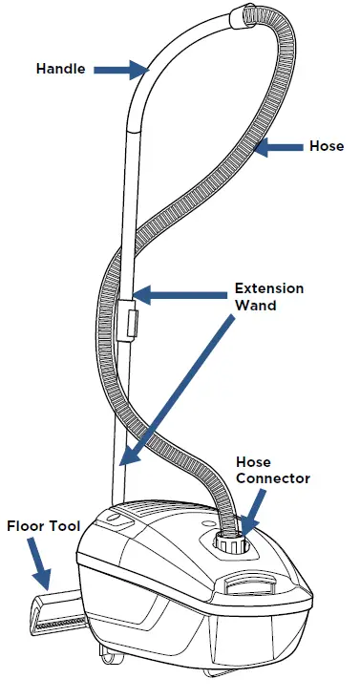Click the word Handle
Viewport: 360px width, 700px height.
click(x=62, y=69)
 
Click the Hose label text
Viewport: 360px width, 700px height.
click(x=326, y=146)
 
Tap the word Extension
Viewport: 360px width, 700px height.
click(x=270, y=288)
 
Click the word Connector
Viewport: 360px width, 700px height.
click(x=272, y=477)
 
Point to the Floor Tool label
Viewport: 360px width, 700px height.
click(x=41, y=525)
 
